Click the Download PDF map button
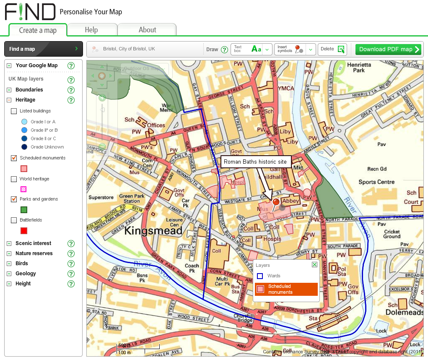(x=388, y=49)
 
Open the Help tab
(x=91, y=30)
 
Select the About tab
(x=147, y=30)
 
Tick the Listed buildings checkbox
(x=14, y=111)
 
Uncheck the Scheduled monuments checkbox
(x=14, y=158)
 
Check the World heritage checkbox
(x=14, y=179)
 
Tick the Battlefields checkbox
(x=14, y=220)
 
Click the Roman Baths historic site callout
(x=255, y=162)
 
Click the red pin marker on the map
(x=276, y=203)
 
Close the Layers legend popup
(x=314, y=265)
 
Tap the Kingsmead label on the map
(x=153, y=230)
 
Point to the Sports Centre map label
(x=376, y=182)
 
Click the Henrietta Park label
(x=359, y=68)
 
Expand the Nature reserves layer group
(x=9, y=253)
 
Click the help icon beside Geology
(x=71, y=274)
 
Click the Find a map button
(x=43, y=49)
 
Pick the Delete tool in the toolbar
(x=332, y=49)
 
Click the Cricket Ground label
(x=392, y=234)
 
